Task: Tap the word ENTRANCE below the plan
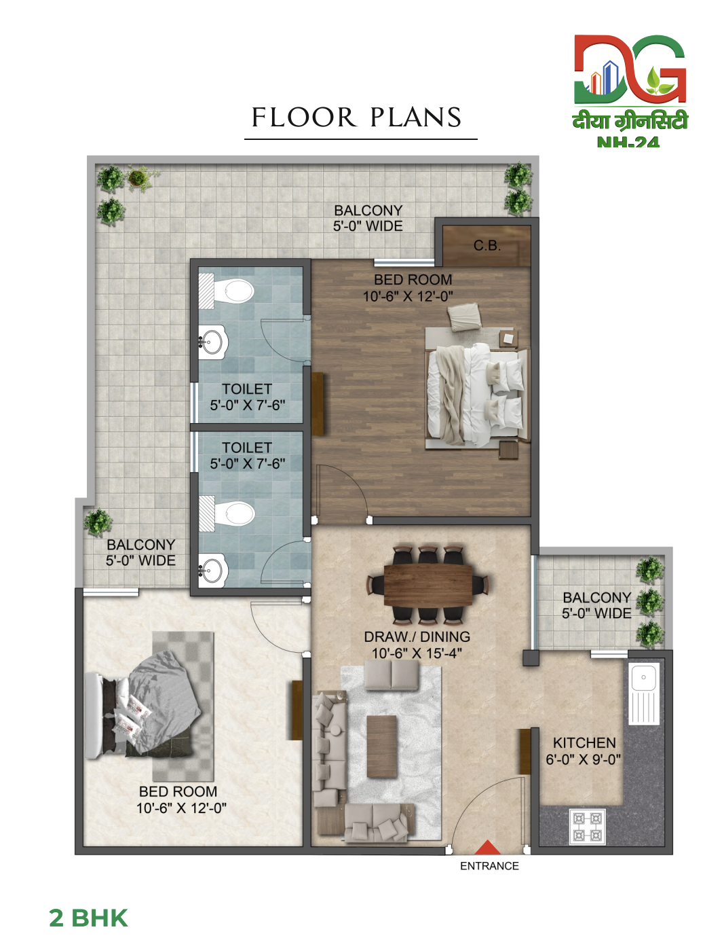tap(489, 866)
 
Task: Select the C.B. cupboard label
tap(487, 245)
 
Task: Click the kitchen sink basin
tap(644, 678)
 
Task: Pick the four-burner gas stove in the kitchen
tap(588, 826)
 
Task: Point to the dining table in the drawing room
tap(428, 585)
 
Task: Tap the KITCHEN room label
tap(584, 742)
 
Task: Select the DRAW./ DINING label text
tap(417, 636)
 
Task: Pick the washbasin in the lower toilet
tap(213, 570)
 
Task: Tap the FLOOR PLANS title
tap(357, 117)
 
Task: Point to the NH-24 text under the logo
tap(628, 143)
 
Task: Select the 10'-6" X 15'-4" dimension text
tap(417, 653)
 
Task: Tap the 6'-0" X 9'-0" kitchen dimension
tap(584, 759)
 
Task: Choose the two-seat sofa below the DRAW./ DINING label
tap(391, 675)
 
